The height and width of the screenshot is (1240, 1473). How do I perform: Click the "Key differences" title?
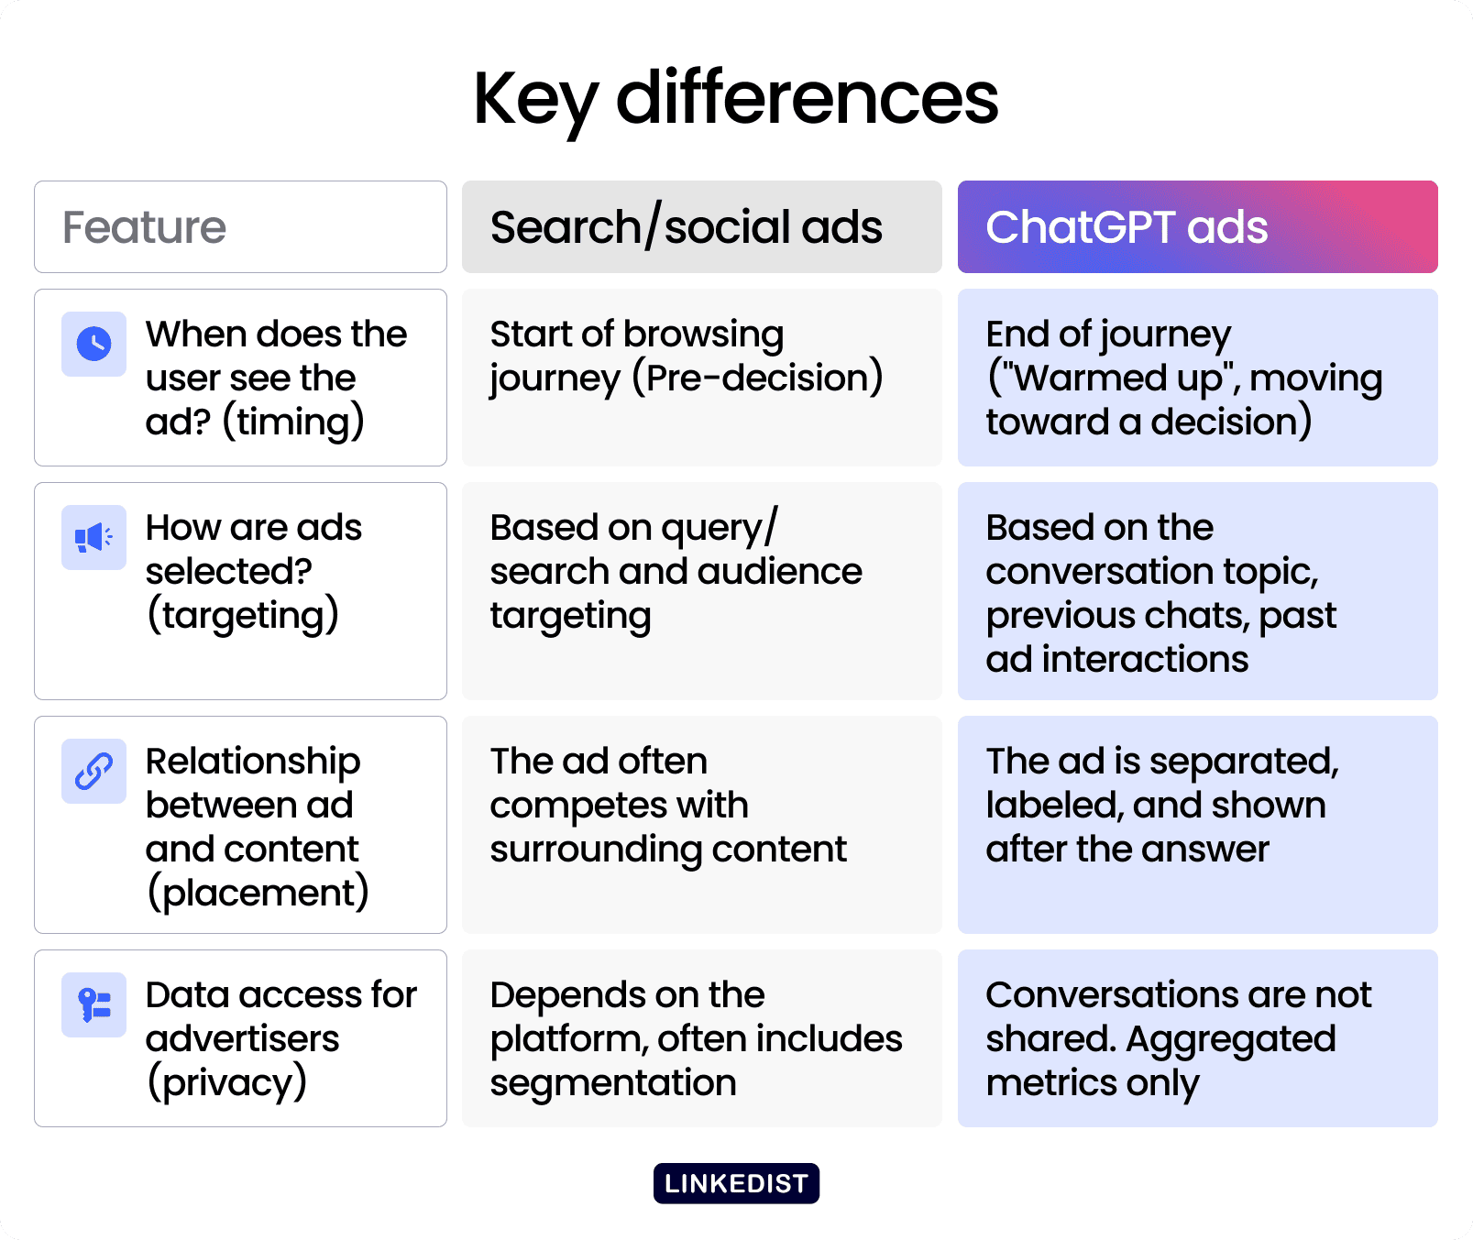[x=735, y=99]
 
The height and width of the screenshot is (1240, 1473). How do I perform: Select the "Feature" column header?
[x=240, y=226]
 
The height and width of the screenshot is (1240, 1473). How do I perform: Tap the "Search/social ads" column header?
[x=701, y=226]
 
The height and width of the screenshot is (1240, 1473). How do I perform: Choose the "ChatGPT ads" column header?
[x=1197, y=226]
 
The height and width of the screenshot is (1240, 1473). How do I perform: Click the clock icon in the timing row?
[x=93, y=344]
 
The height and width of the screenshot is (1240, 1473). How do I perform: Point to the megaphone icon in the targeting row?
[x=93, y=537]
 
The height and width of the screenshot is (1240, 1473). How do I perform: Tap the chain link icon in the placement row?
[x=93, y=771]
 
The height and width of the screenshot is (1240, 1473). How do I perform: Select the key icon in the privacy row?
[x=93, y=1004]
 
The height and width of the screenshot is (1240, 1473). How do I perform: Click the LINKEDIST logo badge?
[x=736, y=1183]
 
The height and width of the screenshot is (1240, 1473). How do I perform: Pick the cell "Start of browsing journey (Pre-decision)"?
[x=701, y=378]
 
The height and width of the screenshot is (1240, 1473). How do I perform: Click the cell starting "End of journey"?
[x=1197, y=378]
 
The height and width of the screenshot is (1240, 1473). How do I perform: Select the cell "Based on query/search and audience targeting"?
[x=701, y=591]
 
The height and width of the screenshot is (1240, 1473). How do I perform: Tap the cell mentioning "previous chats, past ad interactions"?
[x=1197, y=591]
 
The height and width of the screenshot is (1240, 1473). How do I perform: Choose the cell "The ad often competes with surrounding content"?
[x=701, y=825]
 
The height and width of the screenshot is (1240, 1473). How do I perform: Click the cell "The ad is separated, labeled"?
[x=1197, y=825]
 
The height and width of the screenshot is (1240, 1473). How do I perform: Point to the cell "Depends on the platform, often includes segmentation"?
[x=701, y=1038]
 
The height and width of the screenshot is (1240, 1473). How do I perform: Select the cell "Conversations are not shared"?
[x=1197, y=1038]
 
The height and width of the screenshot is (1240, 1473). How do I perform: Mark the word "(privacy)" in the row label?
[x=227, y=1083]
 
